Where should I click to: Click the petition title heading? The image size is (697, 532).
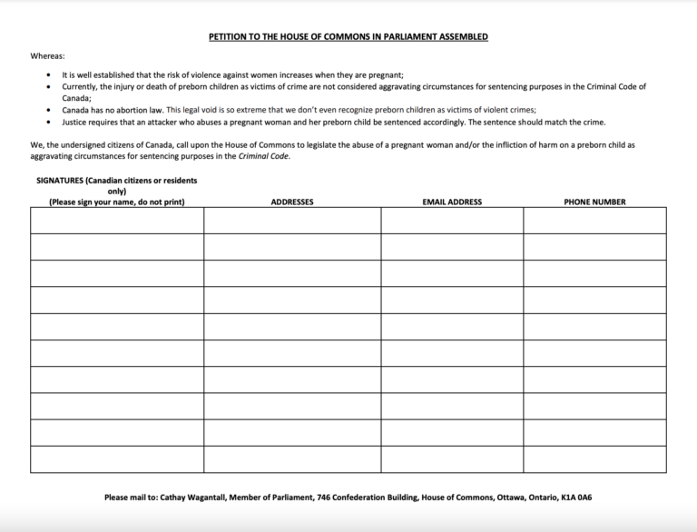348,37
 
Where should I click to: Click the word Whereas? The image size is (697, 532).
47,56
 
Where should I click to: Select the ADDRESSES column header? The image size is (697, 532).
292,202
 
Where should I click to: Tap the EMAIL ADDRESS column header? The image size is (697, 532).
452,202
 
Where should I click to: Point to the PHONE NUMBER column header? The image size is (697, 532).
594,202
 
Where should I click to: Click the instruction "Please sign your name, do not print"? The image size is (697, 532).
116,202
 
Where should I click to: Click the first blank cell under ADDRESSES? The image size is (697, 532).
292,221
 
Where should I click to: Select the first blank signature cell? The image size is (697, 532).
117,221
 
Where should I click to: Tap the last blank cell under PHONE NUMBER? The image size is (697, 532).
594,459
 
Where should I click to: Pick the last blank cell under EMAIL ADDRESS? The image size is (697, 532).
452,459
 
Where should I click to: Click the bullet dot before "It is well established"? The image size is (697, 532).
51,75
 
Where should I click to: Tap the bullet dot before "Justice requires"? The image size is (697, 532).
51,122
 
